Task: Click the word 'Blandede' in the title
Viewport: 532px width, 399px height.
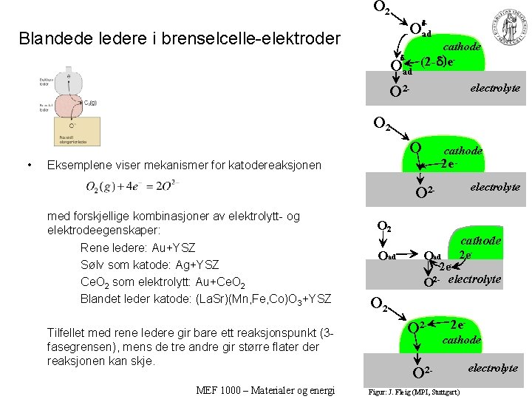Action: (x=49, y=38)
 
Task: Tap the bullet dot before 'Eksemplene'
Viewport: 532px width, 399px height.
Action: (x=27, y=165)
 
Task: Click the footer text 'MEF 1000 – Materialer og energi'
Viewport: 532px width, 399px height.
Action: (x=266, y=390)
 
